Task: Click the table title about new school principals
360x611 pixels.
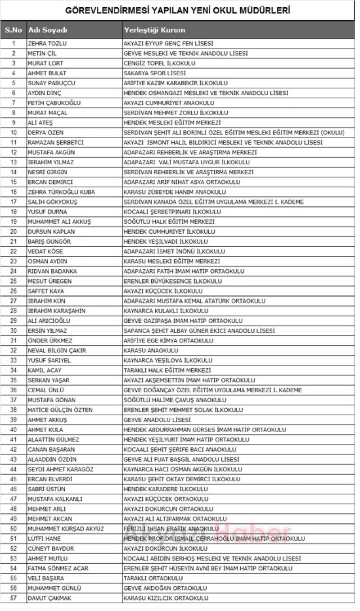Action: [x=177, y=10]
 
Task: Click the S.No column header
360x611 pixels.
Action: [x=13, y=30]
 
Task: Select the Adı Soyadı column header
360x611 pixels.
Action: [x=48, y=30]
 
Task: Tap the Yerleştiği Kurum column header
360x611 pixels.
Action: [x=154, y=30]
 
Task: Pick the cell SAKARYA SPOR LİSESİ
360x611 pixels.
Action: [x=155, y=73]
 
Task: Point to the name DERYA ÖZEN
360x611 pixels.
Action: [x=45, y=133]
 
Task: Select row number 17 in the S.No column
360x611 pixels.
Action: [x=13, y=202]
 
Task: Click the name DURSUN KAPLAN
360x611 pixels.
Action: [x=51, y=232]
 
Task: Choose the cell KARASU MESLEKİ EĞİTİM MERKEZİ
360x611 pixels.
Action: [x=172, y=262]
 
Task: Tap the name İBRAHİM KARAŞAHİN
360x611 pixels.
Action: [x=57, y=311]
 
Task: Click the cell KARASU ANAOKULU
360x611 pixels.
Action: [x=151, y=351]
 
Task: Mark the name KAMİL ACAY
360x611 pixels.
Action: [x=45, y=371]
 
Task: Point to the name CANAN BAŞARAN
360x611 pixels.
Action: [x=51, y=450]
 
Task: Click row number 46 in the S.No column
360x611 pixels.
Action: [x=13, y=489]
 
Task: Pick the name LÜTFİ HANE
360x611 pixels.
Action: [x=44, y=539]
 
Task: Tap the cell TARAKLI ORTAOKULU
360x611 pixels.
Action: [x=153, y=579]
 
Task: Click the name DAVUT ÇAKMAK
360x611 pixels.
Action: [x=49, y=598]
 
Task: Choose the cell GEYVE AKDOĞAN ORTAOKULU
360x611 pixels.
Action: [x=165, y=588]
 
